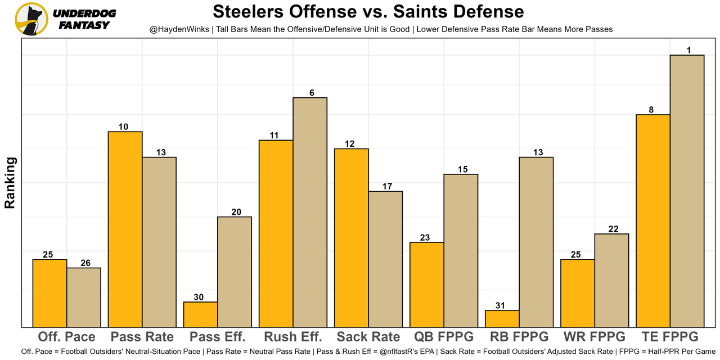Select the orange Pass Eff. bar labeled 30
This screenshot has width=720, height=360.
[x=201, y=314]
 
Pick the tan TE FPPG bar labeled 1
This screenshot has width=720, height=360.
[x=687, y=191]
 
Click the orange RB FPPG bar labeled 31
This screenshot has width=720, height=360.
[x=502, y=318]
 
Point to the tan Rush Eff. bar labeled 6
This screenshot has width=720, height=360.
[x=310, y=212]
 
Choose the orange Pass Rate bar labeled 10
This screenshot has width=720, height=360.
[x=125, y=229]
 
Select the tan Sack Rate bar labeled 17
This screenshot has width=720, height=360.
[x=385, y=259]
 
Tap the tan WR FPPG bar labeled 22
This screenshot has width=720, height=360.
[x=611, y=280]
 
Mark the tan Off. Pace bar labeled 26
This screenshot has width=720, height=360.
[x=84, y=297]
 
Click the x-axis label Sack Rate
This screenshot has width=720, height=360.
[x=368, y=337]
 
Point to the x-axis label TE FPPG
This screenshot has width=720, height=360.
[x=670, y=337]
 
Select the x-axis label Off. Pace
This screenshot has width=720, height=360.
[x=67, y=337]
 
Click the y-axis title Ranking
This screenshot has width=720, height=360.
[x=10, y=183]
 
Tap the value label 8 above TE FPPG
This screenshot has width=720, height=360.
[x=651, y=110]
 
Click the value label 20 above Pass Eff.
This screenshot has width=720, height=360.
[x=236, y=212]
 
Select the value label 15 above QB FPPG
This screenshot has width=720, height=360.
[x=462, y=169]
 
